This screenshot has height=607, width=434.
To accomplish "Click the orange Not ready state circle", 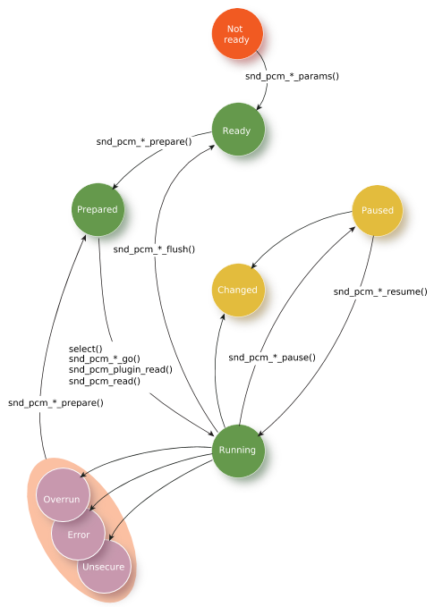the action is click(237, 34).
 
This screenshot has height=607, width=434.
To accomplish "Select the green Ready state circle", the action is click(238, 130).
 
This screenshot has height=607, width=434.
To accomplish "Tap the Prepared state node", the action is click(98, 209).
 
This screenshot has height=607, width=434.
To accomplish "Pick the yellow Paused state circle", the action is click(377, 210).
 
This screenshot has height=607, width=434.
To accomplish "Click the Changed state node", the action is click(238, 290).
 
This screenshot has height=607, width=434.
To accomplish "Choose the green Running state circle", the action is click(238, 451).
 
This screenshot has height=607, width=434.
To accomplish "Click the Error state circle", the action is click(79, 534).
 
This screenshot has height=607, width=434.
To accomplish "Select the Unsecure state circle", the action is click(104, 567).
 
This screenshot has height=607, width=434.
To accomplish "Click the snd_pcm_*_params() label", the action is click(293, 76).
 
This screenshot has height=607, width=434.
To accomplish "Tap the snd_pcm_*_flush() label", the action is click(154, 249).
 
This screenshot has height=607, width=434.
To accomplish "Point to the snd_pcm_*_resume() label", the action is click(380, 291).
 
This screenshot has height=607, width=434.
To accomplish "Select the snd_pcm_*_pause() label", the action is click(272, 357).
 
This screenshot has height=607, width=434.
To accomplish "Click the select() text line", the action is click(86, 349).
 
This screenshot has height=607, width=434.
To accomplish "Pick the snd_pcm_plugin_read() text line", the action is click(121, 370).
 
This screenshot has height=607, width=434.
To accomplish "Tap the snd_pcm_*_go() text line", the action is click(105, 358).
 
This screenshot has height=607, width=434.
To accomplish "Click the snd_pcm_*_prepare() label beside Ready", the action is click(144, 141).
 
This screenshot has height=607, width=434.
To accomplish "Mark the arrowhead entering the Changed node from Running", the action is click(223, 316).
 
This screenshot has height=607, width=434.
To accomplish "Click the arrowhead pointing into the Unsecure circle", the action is click(111, 537).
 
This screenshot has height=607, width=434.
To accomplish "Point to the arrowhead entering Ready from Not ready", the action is click(260, 107).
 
